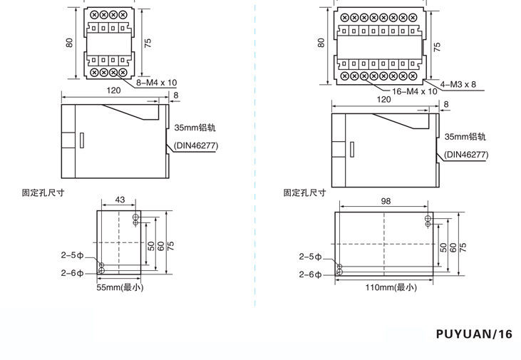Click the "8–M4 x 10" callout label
[156, 83]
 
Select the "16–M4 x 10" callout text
[415, 91]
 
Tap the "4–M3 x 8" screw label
[458, 84]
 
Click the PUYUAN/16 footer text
[474, 334]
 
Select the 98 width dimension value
[386, 201]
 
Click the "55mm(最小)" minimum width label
[120, 287]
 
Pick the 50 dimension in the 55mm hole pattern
[151, 245]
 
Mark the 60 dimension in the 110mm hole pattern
[453, 247]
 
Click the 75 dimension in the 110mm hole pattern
[463, 245]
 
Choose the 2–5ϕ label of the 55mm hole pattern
[71, 254]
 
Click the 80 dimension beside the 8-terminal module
[70, 42]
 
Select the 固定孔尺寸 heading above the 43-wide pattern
[43, 192]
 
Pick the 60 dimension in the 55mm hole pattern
[161, 245]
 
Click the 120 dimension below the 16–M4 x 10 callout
[383, 99]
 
